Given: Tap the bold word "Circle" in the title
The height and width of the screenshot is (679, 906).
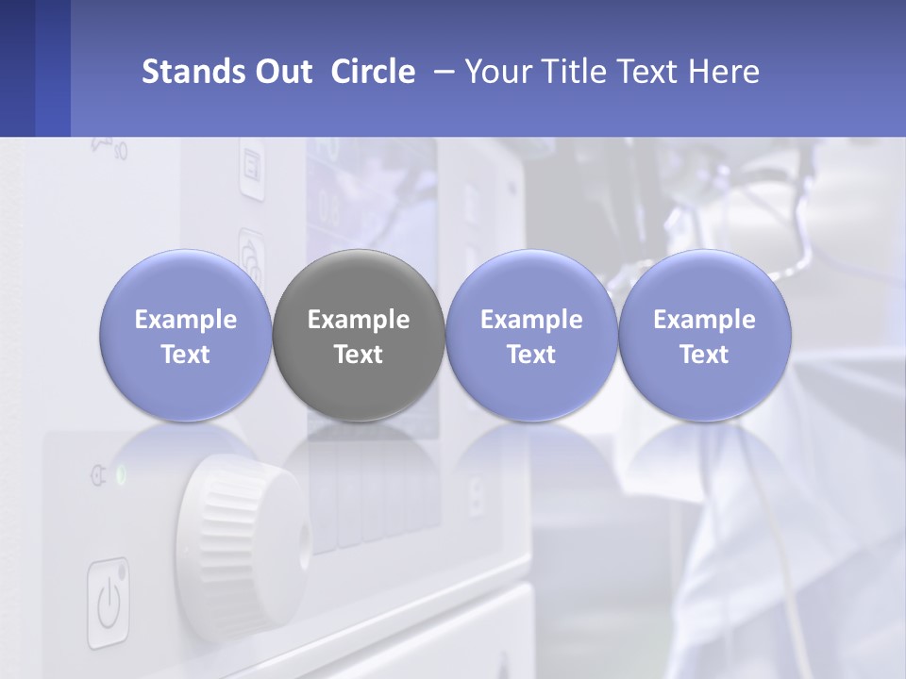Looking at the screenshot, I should pyautogui.click(x=373, y=72).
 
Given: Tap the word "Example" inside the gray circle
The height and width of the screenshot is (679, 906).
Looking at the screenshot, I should pyautogui.click(x=358, y=320).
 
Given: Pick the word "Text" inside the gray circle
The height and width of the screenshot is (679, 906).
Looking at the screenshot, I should pyautogui.click(x=358, y=355).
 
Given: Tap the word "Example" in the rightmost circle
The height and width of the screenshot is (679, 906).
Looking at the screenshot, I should pyautogui.click(x=704, y=320).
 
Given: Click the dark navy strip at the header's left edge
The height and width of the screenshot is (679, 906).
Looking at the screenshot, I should pyautogui.click(x=17, y=68).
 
